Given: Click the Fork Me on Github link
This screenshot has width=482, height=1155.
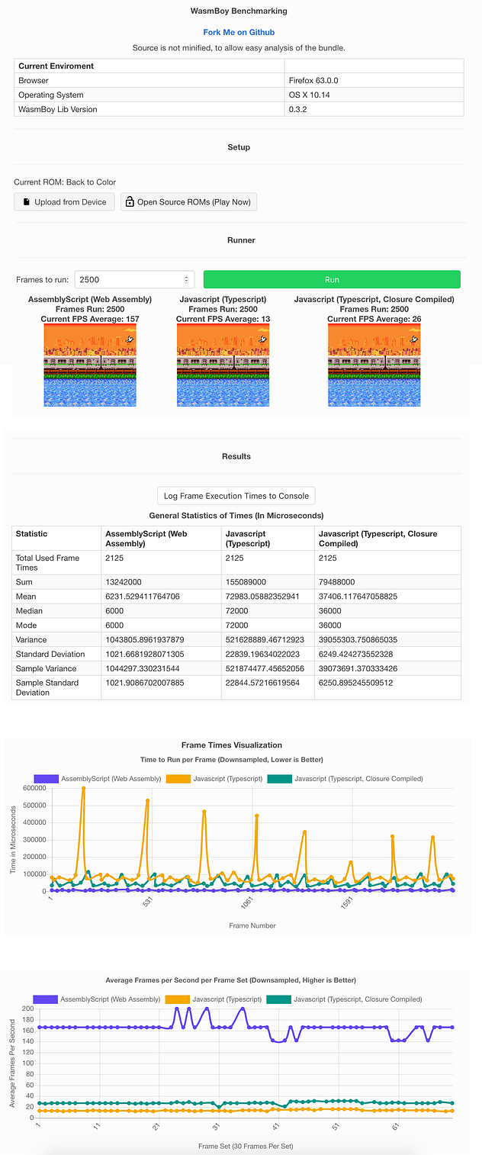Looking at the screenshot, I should click(239, 33).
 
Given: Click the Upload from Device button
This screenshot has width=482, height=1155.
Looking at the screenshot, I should click(65, 202).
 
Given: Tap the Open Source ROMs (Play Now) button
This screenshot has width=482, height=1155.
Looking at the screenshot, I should click(189, 202).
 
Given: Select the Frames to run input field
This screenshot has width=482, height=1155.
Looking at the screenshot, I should click(134, 280).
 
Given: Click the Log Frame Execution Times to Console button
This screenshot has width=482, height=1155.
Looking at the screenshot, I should click(236, 496).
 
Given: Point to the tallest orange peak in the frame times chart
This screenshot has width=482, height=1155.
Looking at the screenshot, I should click(83, 789).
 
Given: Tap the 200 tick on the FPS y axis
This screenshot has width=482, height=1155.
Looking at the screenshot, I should click(28, 1009).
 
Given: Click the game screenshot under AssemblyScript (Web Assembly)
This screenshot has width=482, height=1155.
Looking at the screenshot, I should click(89, 365).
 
